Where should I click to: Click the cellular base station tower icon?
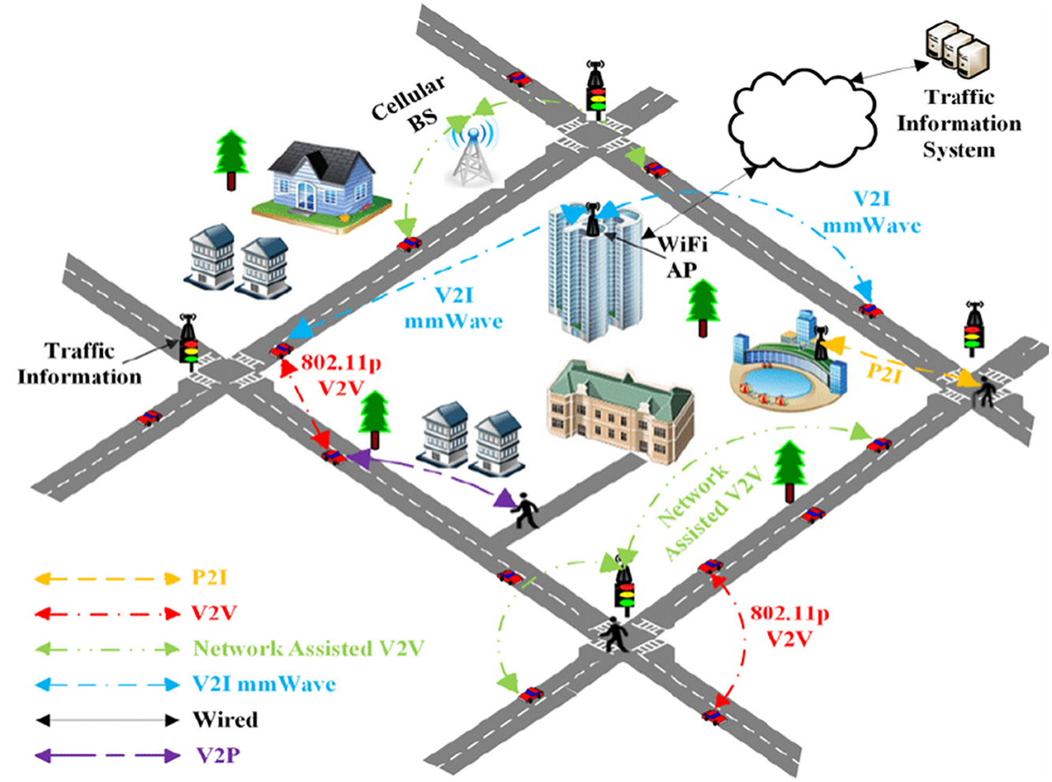[x=472, y=154]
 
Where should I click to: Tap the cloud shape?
[x=802, y=118]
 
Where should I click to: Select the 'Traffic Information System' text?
[x=959, y=123]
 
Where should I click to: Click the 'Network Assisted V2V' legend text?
[x=309, y=649]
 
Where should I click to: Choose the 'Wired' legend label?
[x=225, y=720]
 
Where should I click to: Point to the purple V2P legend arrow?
[x=107, y=756]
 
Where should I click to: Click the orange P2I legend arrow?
[x=107, y=578]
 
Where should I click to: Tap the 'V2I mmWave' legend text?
[x=264, y=684]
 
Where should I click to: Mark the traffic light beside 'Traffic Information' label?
[x=188, y=342]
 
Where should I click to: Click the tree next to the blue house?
[x=231, y=159]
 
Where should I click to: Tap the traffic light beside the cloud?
[x=596, y=89]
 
